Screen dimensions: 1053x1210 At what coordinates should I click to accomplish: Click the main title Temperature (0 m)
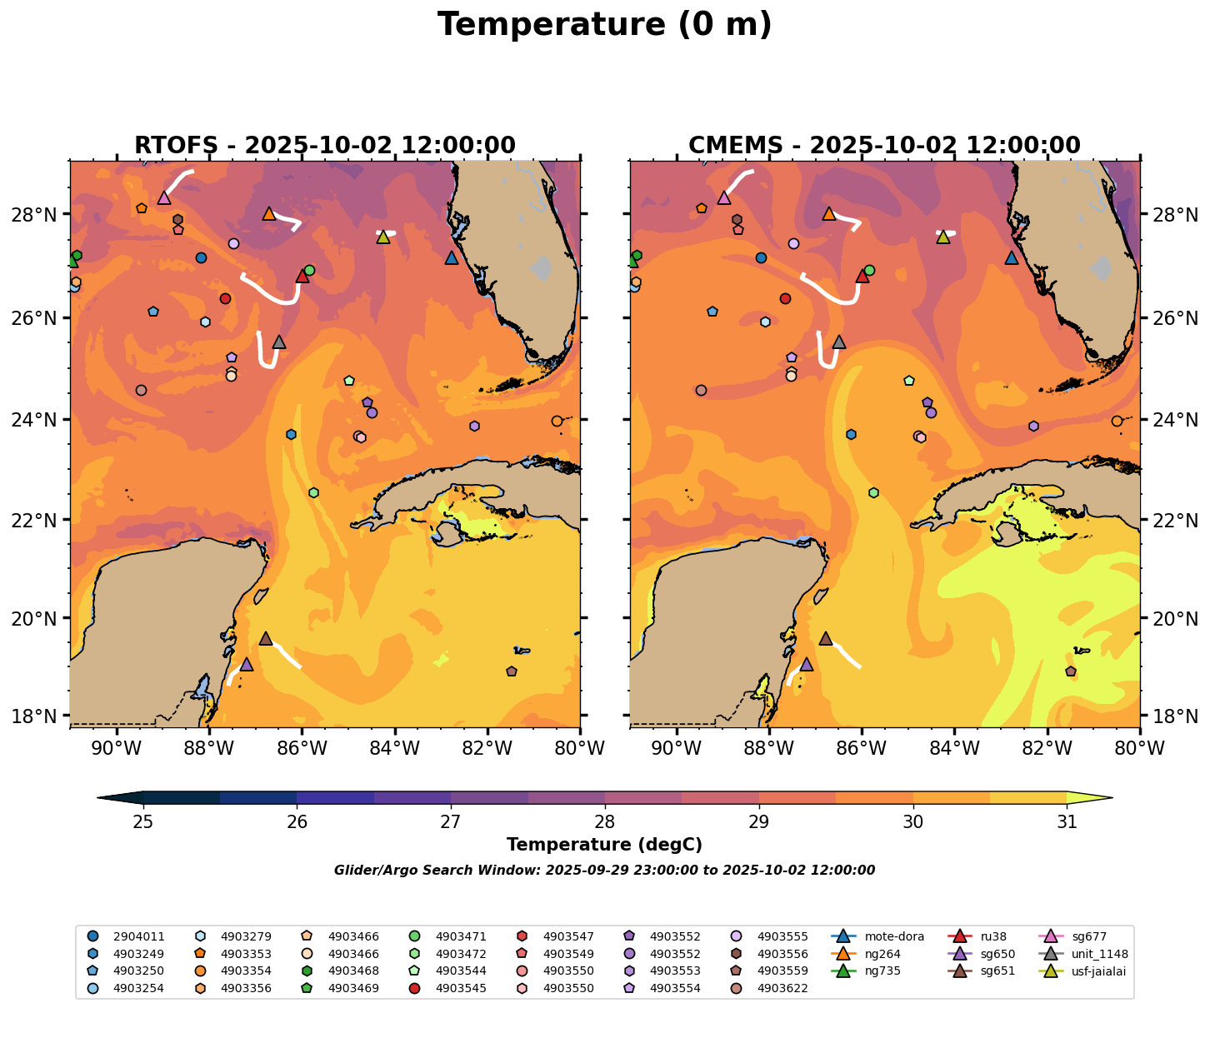click(604, 25)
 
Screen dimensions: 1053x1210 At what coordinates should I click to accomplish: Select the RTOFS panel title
click(325, 146)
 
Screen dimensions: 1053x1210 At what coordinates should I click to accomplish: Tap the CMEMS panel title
click(884, 146)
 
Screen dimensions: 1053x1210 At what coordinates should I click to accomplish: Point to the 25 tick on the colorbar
click(143, 822)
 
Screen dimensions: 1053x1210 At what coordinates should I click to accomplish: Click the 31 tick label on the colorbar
click(1067, 822)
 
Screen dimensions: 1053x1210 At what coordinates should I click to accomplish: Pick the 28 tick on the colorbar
click(605, 822)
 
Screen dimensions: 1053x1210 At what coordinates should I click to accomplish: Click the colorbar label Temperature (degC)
click(604, 845)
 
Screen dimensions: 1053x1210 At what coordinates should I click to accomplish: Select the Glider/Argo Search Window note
click(604, 871)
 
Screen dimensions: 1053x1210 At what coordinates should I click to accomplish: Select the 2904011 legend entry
click(138, 936)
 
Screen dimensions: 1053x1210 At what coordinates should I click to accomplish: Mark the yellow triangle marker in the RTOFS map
click(383, 237)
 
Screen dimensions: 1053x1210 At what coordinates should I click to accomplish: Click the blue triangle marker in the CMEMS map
click(1012, 258)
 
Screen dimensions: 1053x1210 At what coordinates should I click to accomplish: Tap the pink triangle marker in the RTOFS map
click(164, 197)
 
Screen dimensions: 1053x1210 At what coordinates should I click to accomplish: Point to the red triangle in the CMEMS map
click(862, 276)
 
